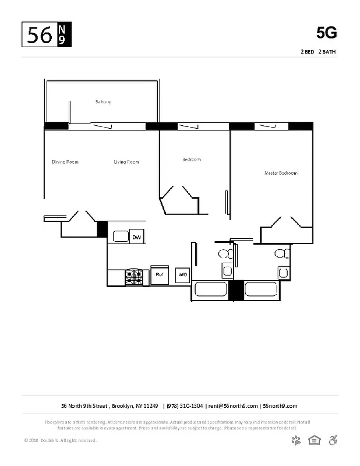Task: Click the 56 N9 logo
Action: pyautogui.click(x=47, y=35)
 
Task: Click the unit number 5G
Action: pyautogui.click(x=326, y=33)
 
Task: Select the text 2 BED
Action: pyautogui.click(x=307, y=52)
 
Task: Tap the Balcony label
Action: pyautogui.click(x=103, y=102)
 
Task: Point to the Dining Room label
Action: pyautogui.click(x=65, y=162)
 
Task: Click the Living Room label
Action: pyautogui.click(x=126, y=162)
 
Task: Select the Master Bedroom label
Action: pyautogui.click(x=281, y=173)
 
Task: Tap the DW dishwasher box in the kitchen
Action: pyautogui.click(x=137, y=237)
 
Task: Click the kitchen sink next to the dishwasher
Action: pyautogui.click(x=121, y=236)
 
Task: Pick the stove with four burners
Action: pyautogui.click(x=134, y=277)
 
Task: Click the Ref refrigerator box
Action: pyautogui.click(x=159, y=274)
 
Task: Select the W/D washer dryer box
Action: pyautogui.click(x=182, y=274)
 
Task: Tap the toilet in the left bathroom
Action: pyautogui.click(x=224, y=254)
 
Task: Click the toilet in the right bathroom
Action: pyautogui.click(x=282, y=253)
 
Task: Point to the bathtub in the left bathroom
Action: pyautogui.click(x=210, y=290)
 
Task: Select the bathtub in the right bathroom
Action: pyautogui.click(x=262, y=289)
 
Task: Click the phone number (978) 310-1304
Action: pyautogui.click(x=184, y=406)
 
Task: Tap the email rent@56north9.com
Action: pyautogui.click(x=233, y=406)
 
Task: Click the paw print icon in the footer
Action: pyautogui.click(x=297, y=440)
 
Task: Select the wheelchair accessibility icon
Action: pyautogui.click(x=334, y=440)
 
